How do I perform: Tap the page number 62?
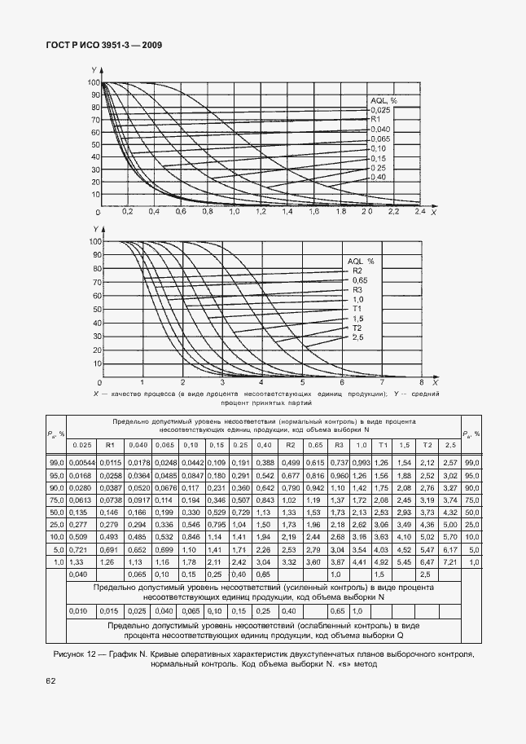tap(50, 678)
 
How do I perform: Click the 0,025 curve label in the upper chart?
tap(380, 110)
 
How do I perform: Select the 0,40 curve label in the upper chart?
tap(378, 178)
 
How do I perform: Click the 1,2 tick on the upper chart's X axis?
tap(261, 212)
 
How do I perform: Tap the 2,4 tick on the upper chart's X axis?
tap(420, 212)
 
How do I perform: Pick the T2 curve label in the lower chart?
tap(357, 328)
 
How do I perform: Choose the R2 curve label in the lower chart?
tap(357, 271)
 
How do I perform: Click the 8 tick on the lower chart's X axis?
tap(421, 382)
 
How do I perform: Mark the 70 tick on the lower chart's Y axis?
tap(97, 283)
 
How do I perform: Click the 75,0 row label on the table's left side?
tap(55, 500)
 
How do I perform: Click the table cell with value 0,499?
tap(290, 461)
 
